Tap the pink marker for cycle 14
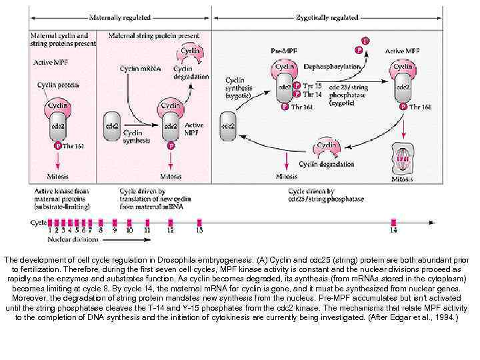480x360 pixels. click(394, 222)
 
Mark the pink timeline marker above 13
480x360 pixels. click(199, 222)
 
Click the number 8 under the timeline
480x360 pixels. click(101, 230)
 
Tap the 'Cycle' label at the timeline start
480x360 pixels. click(38, 222)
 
